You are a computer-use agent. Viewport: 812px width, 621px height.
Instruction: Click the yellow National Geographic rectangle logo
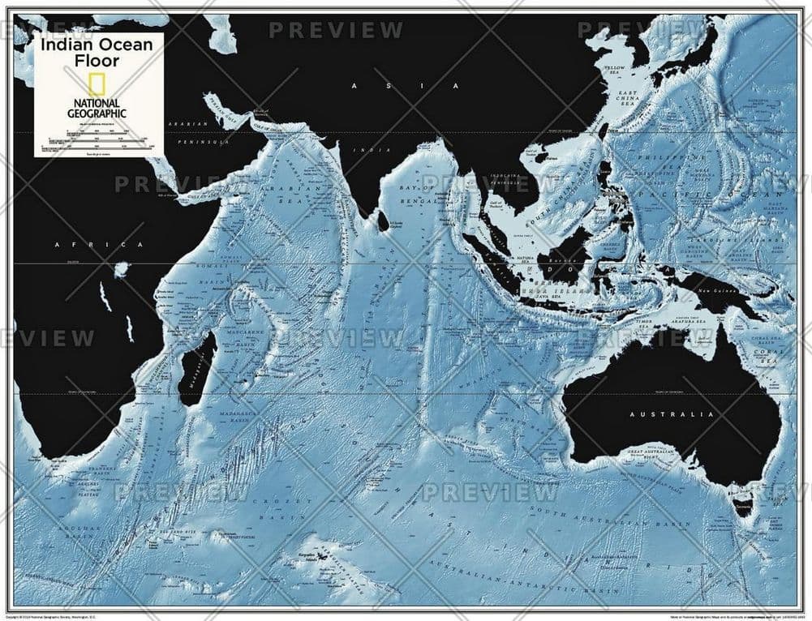click(96, 84)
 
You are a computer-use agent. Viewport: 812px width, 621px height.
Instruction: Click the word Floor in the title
click(97, 60)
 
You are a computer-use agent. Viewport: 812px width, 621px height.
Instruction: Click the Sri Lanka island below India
click(383, 220)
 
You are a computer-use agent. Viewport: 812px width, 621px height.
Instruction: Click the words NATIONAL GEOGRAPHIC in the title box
click(96, 108)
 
